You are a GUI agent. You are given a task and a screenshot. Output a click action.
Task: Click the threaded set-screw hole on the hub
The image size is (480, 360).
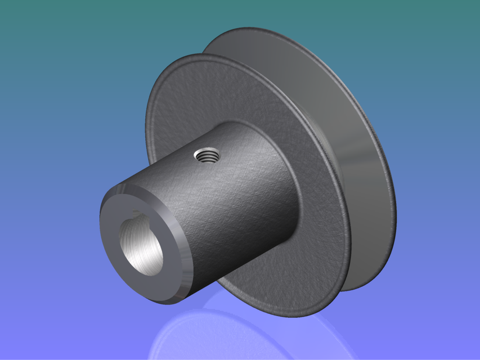click(x=207, y=155)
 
